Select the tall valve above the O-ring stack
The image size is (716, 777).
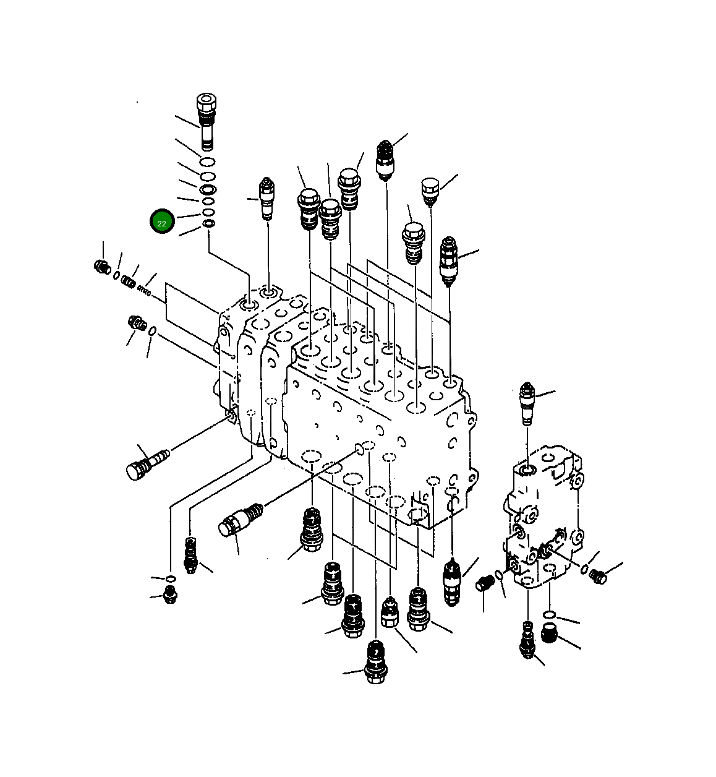[x=205, y=121]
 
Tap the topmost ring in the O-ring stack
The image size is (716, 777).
[x=208, y=162]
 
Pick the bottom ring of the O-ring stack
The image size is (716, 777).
[x=209, y=223]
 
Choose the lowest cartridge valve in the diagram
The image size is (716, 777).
[x=374, y=662]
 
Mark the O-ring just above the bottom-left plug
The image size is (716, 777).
[x=170, y=578]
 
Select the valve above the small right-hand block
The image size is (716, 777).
[x=527, y=402]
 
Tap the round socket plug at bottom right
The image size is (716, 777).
[x=549, y=633]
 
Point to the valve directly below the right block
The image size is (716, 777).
[x=527, y=640]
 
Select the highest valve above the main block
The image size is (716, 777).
[x=385, y=158]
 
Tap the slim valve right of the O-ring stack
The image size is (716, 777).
[x=267, y=198]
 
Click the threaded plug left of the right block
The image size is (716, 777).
[x=484, y=583]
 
